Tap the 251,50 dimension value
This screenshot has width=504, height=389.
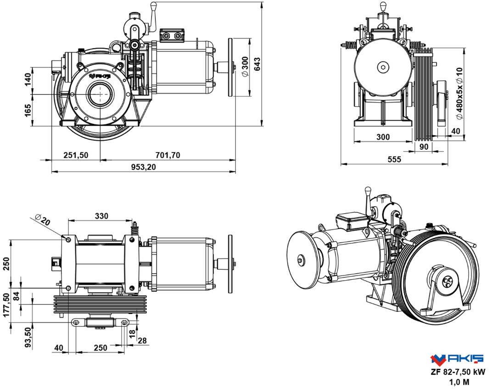75,155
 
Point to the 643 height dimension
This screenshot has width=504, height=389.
257,63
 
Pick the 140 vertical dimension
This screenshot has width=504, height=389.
28,79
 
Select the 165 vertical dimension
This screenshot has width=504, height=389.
28,111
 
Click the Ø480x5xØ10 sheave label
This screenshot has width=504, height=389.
459,93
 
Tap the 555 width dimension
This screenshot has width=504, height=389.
393,159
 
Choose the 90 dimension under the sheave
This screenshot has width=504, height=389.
424,147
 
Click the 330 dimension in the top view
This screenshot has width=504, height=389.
101,216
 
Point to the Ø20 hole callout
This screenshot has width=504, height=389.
43,220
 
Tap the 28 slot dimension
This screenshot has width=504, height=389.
142,340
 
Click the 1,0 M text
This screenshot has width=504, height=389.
458,381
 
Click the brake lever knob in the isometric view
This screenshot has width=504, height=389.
367,190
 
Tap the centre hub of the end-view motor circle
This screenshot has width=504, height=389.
382,67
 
